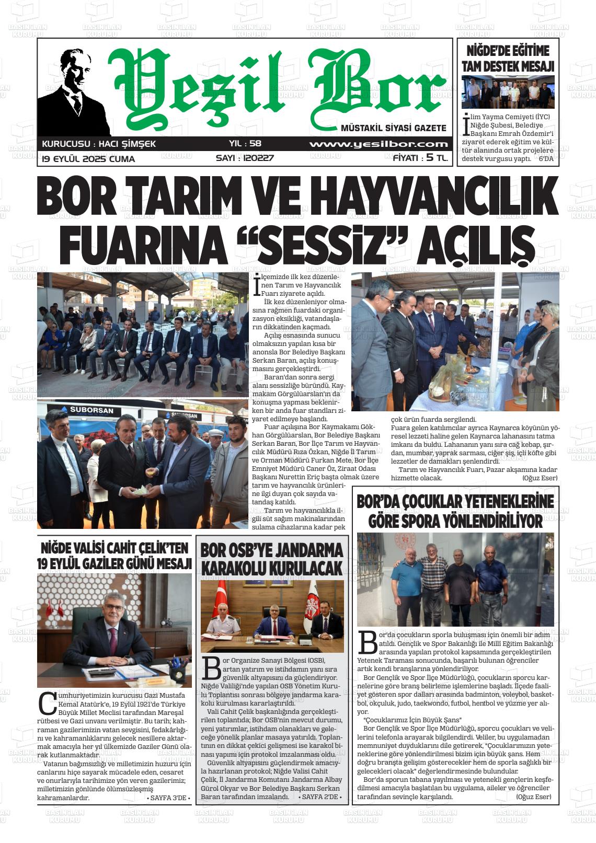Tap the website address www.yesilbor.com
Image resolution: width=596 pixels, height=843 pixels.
pyautogui.click(x=379, y=144)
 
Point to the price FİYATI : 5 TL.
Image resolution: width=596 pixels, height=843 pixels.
pyautogui.click(x=420, y=158)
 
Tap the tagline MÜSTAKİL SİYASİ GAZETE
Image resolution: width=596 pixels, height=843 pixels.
pyautogui.click(x=393, y=128)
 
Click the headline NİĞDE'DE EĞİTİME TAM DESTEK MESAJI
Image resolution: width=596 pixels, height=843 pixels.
pyautogui.click(x=508, y=59)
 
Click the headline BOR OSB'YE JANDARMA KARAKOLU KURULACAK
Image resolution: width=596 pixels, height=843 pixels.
pyautogui.click(x=272, y=559)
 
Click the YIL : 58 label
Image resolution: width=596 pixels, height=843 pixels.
pyautogui.click(x=245, y=144)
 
